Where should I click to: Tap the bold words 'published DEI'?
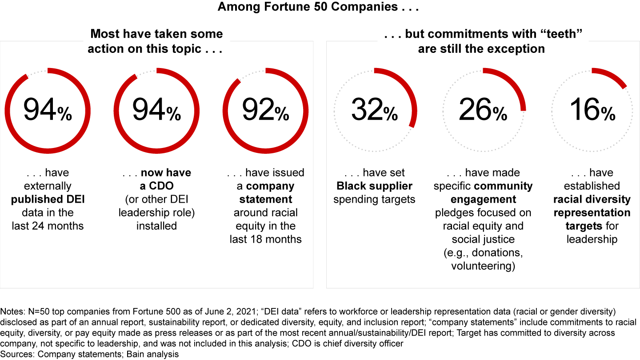[x=48, y=199]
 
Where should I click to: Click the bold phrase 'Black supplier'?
[x=374, y=186]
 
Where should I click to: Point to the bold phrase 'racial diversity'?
[x=592, y=199]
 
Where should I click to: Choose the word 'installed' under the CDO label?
[x=156, y=226]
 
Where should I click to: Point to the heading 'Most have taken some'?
[x=156, y=34]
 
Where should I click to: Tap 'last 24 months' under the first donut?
[x=48, y=226]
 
